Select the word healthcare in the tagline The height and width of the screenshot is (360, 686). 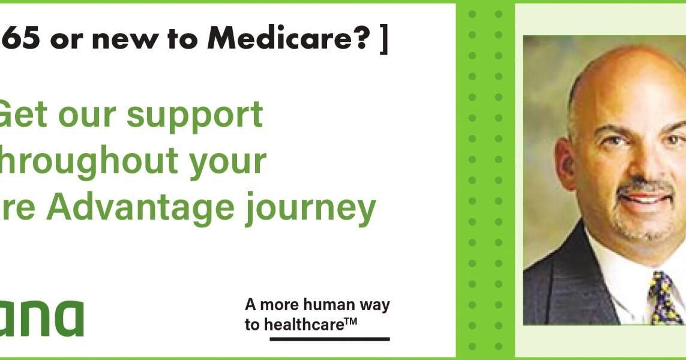304,325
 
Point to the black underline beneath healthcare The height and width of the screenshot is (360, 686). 329,339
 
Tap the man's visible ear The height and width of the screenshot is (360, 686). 566,163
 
